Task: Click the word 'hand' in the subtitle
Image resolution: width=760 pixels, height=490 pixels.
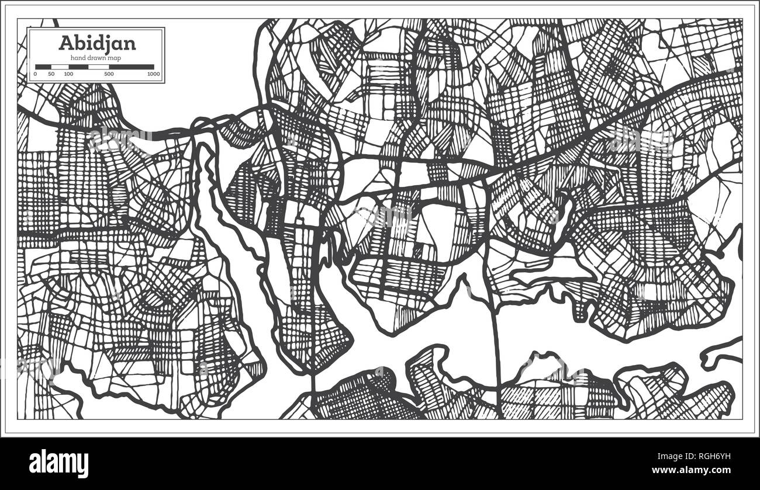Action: pyautogui.click(x=78, y=57)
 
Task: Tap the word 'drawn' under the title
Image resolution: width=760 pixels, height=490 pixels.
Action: pyautogui.click(x=96, y=57)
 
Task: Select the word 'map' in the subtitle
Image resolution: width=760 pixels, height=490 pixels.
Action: pyautogui.click(x=115, y=57)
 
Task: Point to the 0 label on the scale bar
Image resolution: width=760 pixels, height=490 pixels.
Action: pyautogui.click(x=35, y=74)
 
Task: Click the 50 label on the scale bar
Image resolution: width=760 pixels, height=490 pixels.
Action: pyautogui.click(x=51, y=74)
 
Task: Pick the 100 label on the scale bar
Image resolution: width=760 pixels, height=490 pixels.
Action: pyautogui.click(x=68, y=74)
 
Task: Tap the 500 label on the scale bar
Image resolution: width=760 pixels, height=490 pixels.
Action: pyautogui.click(x=109, y=74)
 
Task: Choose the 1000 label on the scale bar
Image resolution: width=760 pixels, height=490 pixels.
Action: pyautogui.click(x=153, y=74)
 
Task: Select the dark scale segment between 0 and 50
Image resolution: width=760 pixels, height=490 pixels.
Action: pyautogui.click(x=43, y=67)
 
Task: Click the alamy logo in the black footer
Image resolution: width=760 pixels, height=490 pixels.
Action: pyautogui.click(x=58, y=464)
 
